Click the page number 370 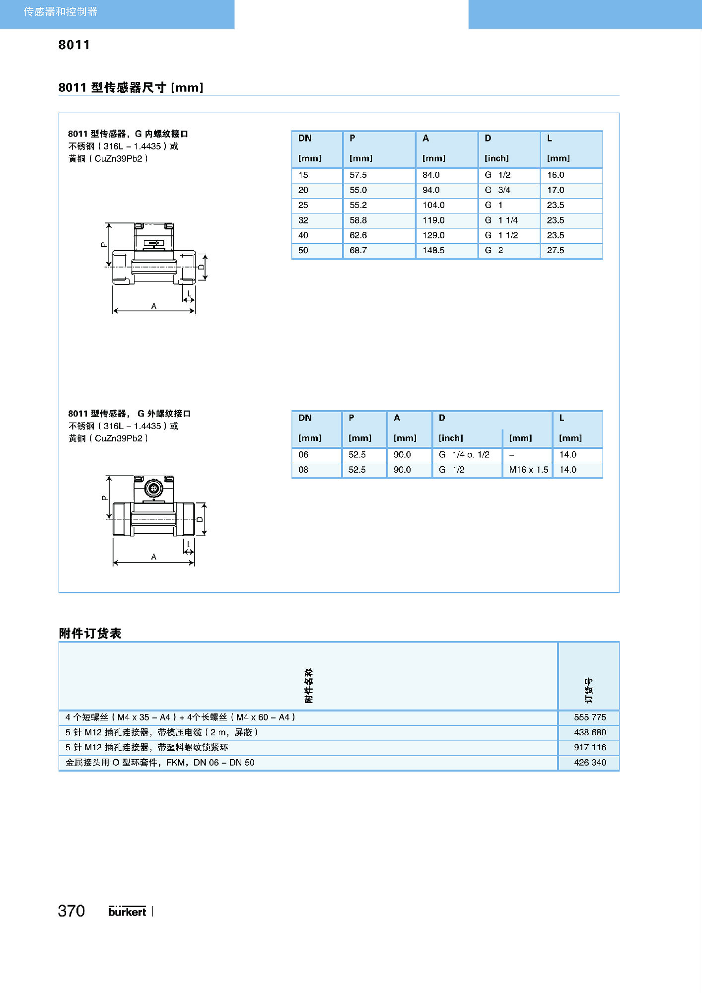coord(71,911)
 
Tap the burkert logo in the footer coord(127,911)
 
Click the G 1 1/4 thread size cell coord(501,220)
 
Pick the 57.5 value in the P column coord(358,175)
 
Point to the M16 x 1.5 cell coord(528,469)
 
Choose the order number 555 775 coord(590,717)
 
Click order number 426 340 coord(590,762)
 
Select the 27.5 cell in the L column coord(556,250)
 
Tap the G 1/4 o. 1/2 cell coord(464,454)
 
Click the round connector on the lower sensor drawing coord(153,489)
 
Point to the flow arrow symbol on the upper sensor coord(153,243)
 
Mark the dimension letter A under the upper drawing coord(154,306)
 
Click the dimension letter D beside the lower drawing coord(200,519)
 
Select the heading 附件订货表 coord(90,633)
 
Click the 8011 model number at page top coord(74,45)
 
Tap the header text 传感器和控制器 coord(61,11)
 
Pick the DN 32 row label coord(303,220)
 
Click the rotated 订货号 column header coord(588,690)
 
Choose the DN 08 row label coord(303,469)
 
